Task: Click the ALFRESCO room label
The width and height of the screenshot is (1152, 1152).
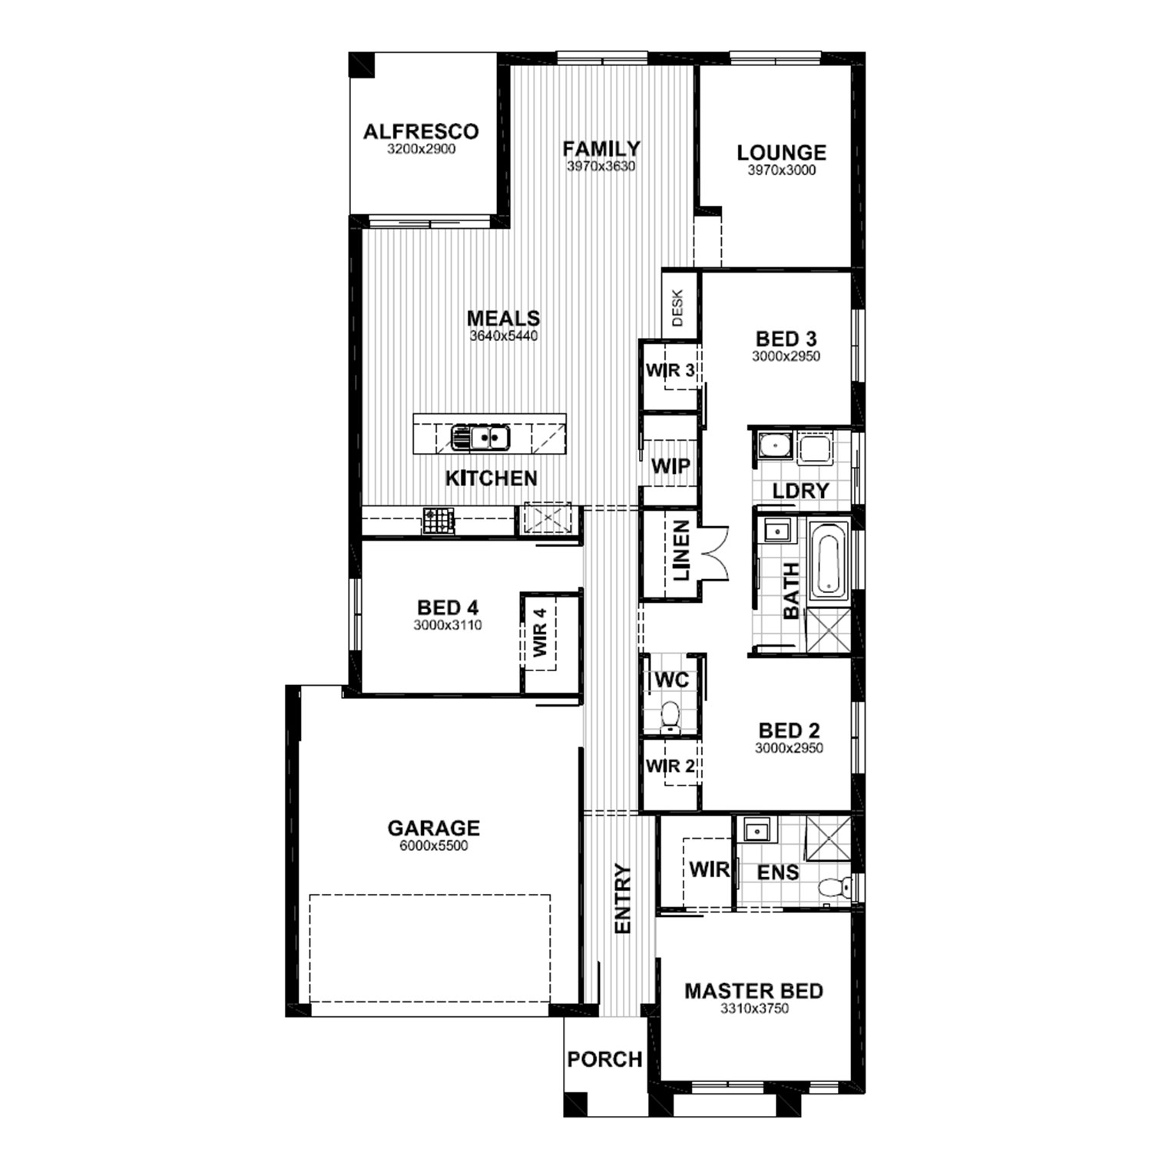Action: (420, 131)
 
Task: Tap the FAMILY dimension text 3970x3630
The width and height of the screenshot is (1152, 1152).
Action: (601, 167)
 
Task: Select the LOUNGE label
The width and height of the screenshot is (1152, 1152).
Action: (781, 152)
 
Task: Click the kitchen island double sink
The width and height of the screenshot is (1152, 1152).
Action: (480, 438)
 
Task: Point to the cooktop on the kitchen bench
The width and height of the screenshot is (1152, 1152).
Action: (439, 521)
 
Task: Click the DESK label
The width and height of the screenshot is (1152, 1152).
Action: (677, 308)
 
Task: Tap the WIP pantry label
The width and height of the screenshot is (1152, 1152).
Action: (670, 465)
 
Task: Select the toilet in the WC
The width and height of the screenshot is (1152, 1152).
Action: (670, 715)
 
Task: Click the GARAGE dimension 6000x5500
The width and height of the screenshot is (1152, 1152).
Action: (433, 846)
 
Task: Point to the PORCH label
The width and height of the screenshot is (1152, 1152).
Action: (604, 1059)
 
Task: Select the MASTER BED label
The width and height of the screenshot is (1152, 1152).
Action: (753, 991)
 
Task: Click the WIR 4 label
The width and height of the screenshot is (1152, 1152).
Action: (541, 632)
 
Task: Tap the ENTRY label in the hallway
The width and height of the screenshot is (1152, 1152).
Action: (623, 899)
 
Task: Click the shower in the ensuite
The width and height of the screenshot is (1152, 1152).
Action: (827, 839)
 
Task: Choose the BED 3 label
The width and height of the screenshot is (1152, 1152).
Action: (786, 339)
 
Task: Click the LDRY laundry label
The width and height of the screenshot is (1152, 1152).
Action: (800, 491)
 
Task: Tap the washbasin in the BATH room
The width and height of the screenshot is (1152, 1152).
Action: (776, 531)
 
